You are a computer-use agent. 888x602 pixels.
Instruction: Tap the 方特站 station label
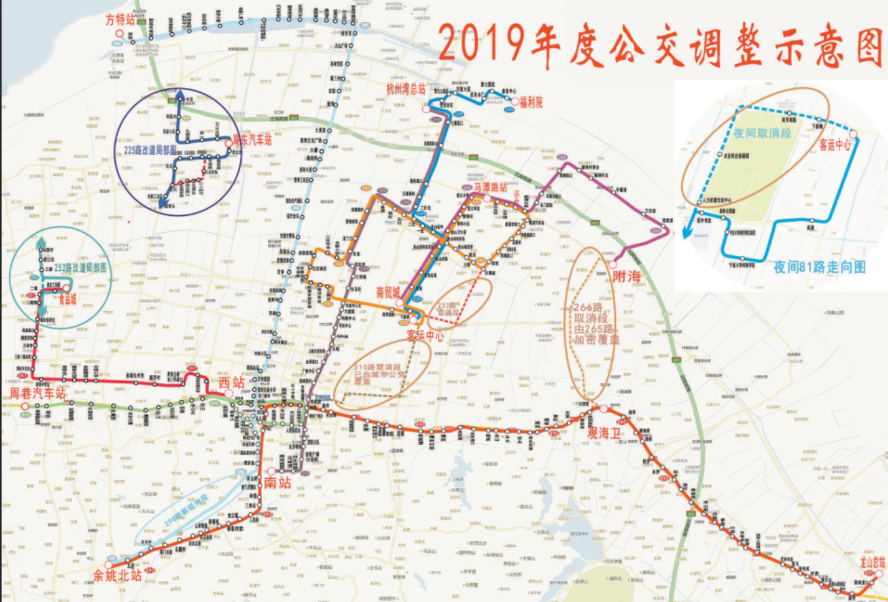(120, 20)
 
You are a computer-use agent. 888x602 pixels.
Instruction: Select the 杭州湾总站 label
(405, 89)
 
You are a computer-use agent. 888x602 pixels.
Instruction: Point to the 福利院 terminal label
(531, 102)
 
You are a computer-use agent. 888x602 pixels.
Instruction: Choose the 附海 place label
(626, 276)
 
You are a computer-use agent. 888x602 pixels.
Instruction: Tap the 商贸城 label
(389, 292)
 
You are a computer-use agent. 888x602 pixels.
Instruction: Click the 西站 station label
(231, 382)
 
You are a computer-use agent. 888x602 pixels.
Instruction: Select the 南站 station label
(277, 482)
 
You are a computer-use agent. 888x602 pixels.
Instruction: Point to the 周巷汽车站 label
(37, 393)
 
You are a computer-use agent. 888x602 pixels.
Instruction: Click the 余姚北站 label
(117, 575)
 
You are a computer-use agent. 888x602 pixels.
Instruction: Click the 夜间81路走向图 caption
(820, 267)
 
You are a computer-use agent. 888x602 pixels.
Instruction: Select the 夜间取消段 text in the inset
(762, 133)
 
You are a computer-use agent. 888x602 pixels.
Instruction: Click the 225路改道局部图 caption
(151, 150)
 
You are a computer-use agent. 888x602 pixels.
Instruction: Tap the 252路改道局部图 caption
(80, 268)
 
